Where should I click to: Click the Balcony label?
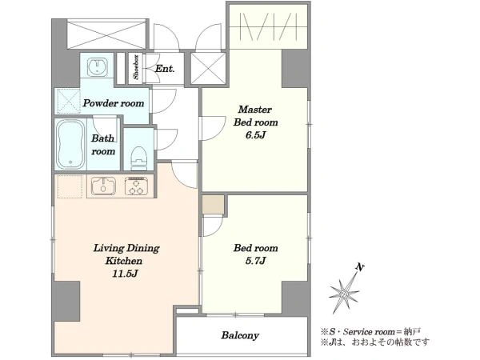(240, 335)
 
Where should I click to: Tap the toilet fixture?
(138, 158)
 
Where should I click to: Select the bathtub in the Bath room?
(70, 144)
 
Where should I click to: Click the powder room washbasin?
(98, 66)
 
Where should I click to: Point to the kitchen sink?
(104, 186)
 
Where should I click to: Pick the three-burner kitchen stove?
(136, 186)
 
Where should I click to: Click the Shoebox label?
(136, 67)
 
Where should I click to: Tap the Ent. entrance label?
(165, 69)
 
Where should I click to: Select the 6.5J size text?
(255, 135)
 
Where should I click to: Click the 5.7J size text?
(255, 261)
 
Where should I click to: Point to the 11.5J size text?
(126, 274)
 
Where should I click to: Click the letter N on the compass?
(360, 268)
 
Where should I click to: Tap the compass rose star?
(344, 294)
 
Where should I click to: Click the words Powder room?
(114, 103)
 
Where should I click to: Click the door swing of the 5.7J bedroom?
(213, 226)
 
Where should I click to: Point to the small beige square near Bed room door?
(213, 205)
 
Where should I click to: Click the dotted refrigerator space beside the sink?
(70, 186)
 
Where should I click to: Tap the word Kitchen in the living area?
(124, 261)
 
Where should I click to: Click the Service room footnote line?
(370, 331)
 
